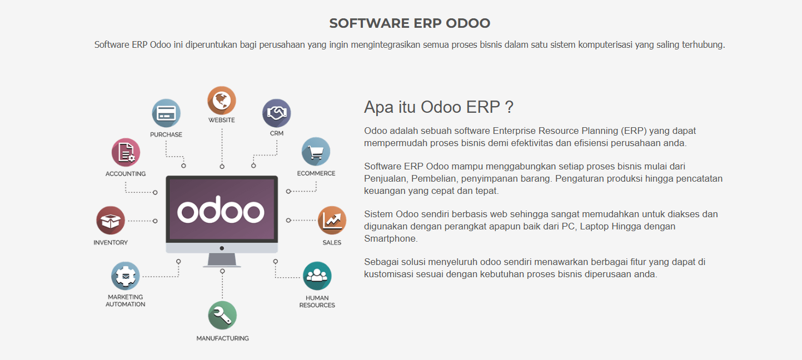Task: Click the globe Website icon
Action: (x=222, y=101)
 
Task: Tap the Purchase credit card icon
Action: (x=166, y=113)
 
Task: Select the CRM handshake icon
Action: (x=276, y=113)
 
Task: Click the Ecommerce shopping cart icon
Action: (x=316, y=152)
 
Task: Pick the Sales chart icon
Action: (x=332, y=221)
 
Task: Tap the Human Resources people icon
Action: (x=317, y=276)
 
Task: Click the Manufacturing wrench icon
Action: (x=222, y=315)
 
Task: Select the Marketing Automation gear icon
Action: (x=125, y=276)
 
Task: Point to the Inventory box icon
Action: (x=111, y=221)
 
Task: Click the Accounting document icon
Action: (x=126, y=152)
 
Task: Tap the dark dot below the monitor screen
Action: (x=222, y=248)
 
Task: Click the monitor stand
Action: (x=222, y=260)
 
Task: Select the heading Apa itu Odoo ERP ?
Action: (x=439, y=107)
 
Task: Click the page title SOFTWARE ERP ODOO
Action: (x=410, y=23)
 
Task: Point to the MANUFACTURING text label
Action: (x=222, y=338)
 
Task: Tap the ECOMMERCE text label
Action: (x=316, y=173)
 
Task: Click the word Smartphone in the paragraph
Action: (x=391, y=239)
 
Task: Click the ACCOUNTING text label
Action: (x=126, y=173)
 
